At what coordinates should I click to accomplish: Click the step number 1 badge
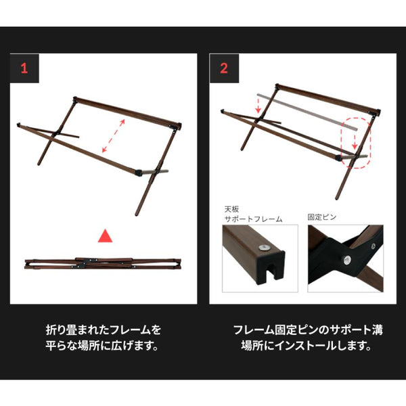coord(24,68)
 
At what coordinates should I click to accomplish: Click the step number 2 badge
coord(224,68)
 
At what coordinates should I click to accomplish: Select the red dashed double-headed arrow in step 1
coord(114,135)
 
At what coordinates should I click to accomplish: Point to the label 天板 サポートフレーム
coord(252,215)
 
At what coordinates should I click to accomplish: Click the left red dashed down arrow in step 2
coord(258,104)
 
